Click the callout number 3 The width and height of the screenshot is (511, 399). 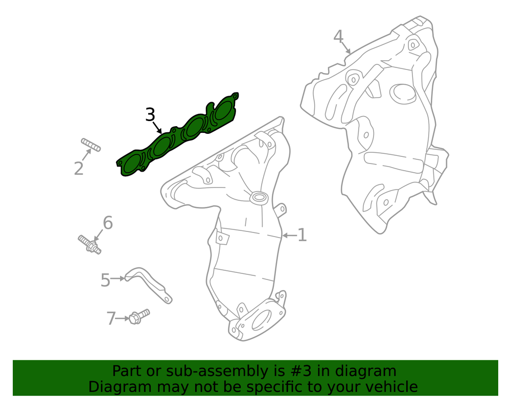click(x=150, y=114)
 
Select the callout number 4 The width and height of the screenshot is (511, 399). click(x=339, y=36)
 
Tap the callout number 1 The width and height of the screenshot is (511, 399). click(x=302, y=235)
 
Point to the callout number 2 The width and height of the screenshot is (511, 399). click(x=79, y=169)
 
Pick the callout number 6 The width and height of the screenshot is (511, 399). click(x=108, y=223)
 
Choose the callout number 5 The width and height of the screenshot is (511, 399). click(x=105, y=280)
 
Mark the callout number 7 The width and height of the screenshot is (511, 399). click(x=111, y=318)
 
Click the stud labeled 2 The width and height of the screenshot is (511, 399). click(x=91, y=145)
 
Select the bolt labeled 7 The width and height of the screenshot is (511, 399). click(x=139, y=316)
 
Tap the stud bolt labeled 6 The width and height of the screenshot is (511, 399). click(x=89, y=245)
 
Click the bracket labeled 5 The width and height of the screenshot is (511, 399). click(x=149, y=285)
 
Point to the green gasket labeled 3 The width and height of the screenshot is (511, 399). click(x=178, y=134)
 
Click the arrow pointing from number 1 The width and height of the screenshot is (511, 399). click(x=290, y=235)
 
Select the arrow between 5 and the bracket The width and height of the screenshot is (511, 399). click(x=118, y=278)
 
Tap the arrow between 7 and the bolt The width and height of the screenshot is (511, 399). click(x=123, y=318)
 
